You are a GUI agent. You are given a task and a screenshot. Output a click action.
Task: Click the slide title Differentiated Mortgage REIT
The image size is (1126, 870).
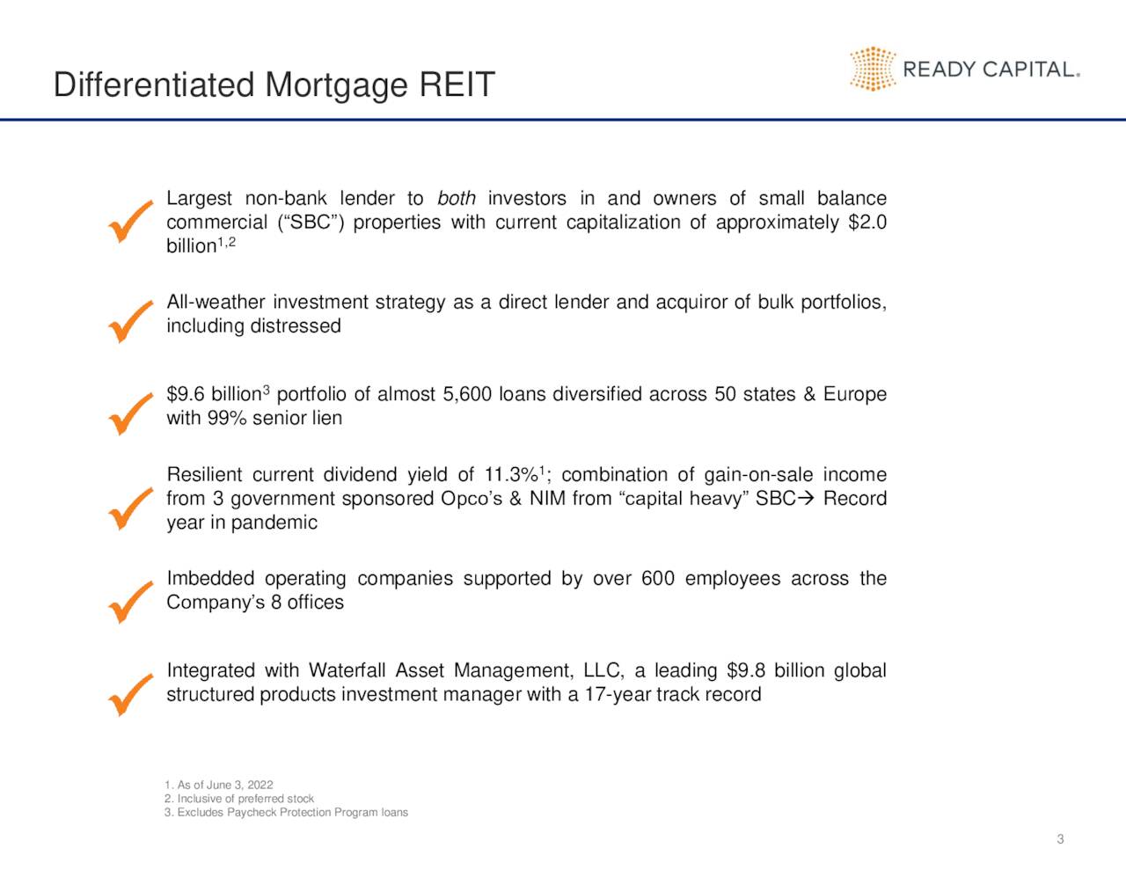[x=274, y=85]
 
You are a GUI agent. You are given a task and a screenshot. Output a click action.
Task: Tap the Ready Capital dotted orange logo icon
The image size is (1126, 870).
[x=872, y=69]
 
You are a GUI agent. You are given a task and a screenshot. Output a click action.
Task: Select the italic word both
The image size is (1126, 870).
[x=457, y=199]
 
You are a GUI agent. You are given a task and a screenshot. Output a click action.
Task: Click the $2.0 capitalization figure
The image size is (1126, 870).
[x=867, y=223]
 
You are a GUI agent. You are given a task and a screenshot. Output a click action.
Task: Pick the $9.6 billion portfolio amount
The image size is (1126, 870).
[x=214, y=395]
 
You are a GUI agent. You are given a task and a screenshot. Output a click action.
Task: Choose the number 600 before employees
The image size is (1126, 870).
[x=658, y=579]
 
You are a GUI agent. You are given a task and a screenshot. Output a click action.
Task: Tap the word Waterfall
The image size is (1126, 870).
[x=347, y=671]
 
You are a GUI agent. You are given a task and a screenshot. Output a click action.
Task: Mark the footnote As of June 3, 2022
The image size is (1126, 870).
[x=218, y=785]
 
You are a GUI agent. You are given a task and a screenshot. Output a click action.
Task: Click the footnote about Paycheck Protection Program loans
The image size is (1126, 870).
[x=286, y=812]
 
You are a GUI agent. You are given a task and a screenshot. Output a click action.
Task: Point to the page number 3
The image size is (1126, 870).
[x=1060, y=839]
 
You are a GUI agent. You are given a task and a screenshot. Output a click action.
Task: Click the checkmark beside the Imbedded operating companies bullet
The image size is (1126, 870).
[x=130, y=601]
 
